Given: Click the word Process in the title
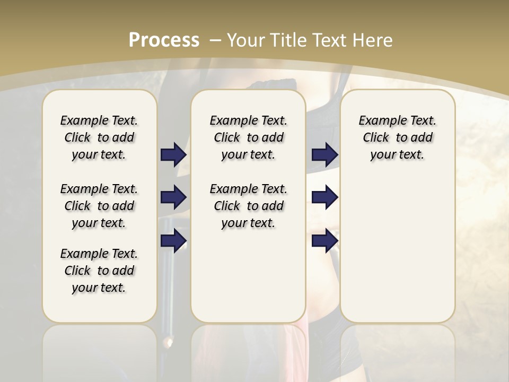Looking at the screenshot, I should pyautogui.click(x=164, y=40).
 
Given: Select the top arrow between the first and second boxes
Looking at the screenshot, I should pyautogui.click(x=173, y=155).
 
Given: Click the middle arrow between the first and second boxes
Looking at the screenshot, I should pyautogui.click(x=173, y=197).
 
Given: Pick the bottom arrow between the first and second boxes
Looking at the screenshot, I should pyautogui.click(x=173, y=240).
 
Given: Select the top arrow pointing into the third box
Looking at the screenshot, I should pyautogui.click(x=324, y=155).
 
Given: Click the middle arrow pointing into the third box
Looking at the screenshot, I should pyautogui.click(x=324, y=197).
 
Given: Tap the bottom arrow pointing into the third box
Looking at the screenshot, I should pyautogui.click(x=324, y=240).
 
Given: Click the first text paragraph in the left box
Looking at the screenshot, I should pyautogui.click(x=99, y=137).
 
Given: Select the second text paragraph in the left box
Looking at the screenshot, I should pyautogui.click(x=99, y=206).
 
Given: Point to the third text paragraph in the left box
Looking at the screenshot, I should pyautogui.click(x=99, y=271).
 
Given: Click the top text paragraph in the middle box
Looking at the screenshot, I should pyautogui.click(x=248, y=137).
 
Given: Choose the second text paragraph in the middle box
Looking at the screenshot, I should pyautogui.click(x=248, y=206).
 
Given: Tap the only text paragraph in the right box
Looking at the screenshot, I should pyautogui.click(x=397, y=137).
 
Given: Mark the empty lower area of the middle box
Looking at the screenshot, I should pyautogui.click(x=248, y=276).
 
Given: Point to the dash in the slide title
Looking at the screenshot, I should pyautogui.click(x=215, y=40).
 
